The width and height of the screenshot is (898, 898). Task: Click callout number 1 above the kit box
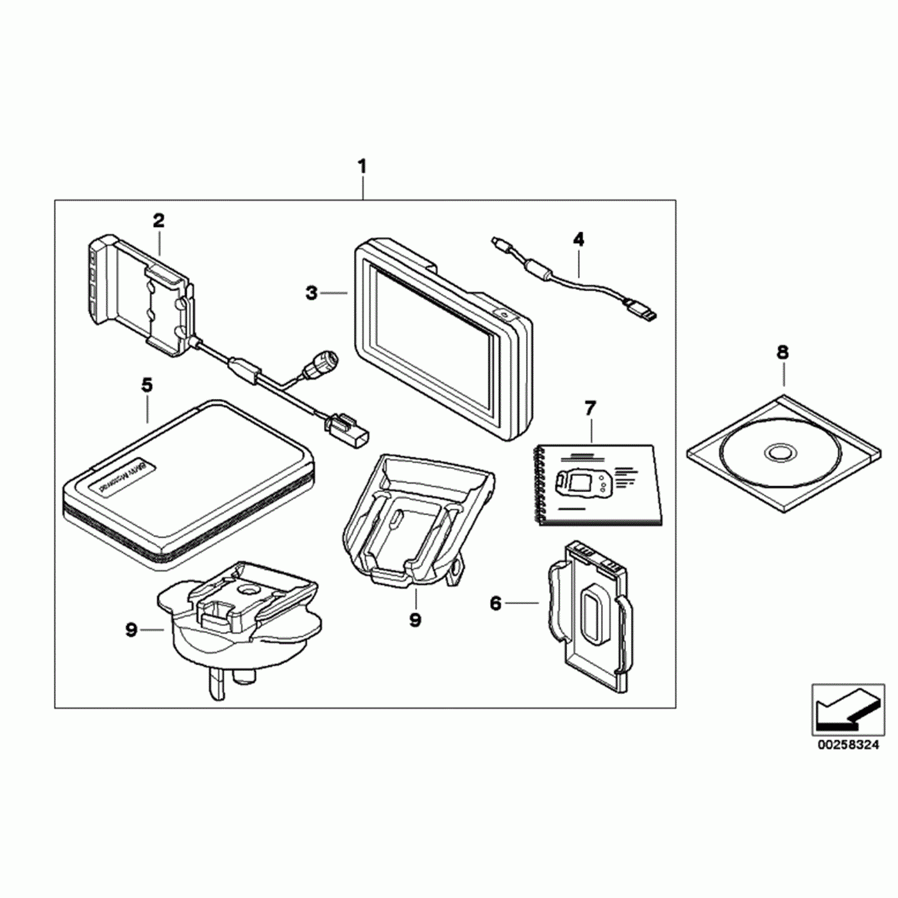(x=362, y=167)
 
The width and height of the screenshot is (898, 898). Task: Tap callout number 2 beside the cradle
(x=158, y=221)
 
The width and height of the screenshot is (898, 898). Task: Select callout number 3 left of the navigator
(x=311, y=293)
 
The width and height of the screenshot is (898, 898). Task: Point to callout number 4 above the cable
(x=579, y=240)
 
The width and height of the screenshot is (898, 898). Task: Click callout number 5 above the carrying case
(x=147, y=385)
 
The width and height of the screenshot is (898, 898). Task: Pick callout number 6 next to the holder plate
(x=495, y=603)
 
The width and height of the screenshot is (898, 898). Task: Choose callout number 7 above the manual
(x=590, y=408)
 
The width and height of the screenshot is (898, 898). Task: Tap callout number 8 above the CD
(x=783, y=352)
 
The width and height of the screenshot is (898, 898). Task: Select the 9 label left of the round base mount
(x=131, y=631)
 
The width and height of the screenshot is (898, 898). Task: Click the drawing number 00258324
(x=848, y=745)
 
